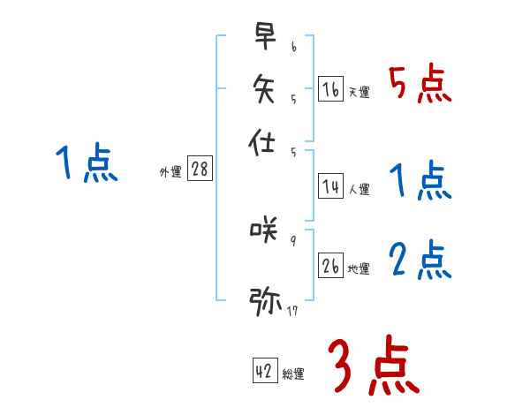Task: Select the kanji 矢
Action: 266,90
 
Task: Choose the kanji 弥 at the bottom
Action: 266,300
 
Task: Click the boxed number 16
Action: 330,89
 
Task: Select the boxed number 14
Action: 330,186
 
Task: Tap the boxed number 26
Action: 330,266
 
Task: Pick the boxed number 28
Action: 200,170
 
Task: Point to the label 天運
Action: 360,92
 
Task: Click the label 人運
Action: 360,189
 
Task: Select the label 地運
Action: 360,268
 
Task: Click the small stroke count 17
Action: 292,310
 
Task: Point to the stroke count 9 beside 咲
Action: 293,240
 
